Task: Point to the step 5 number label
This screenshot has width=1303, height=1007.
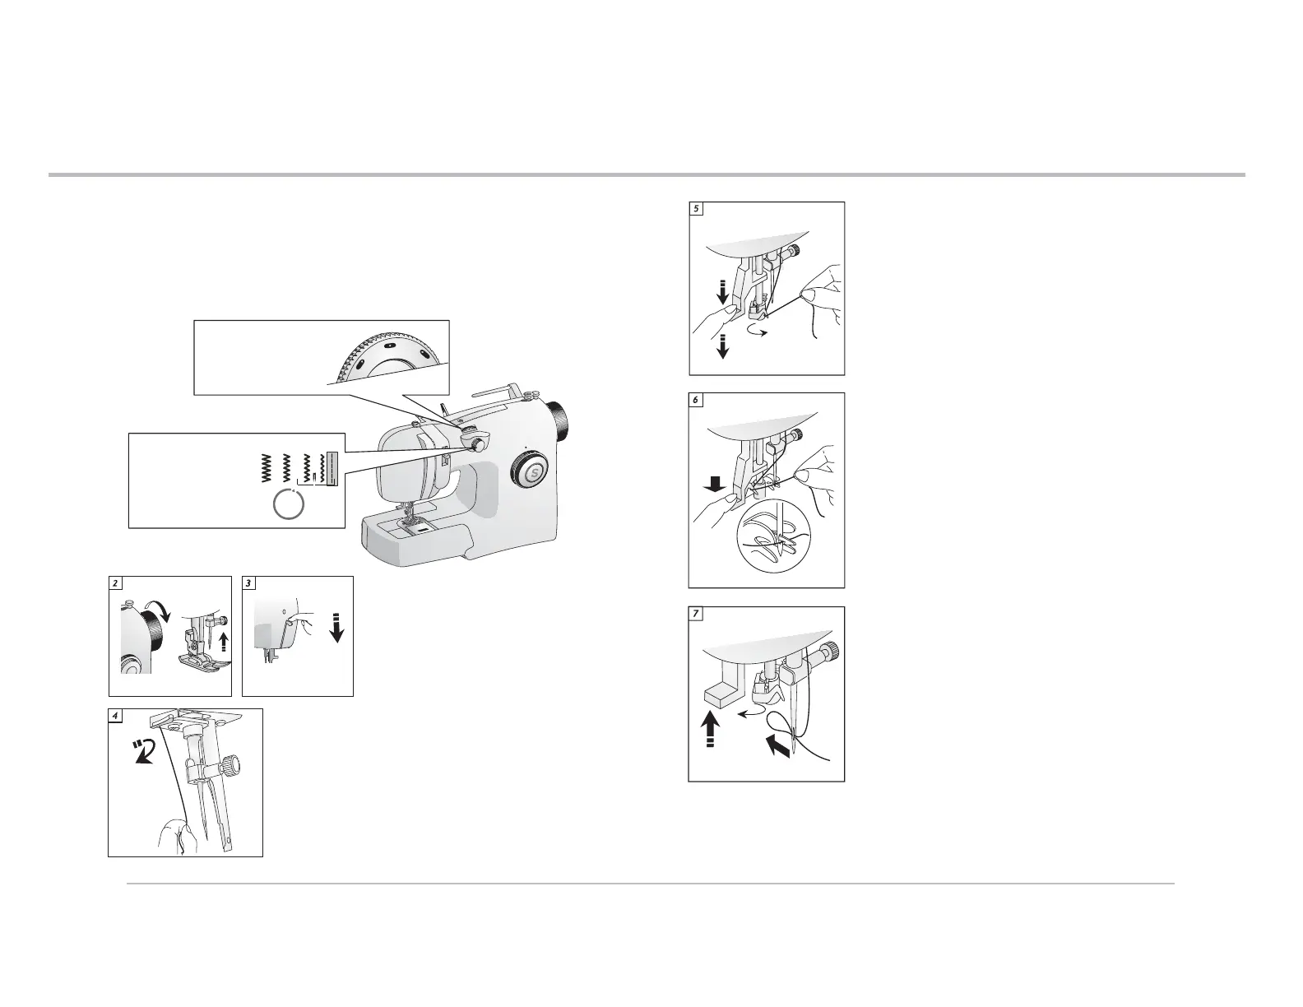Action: click(696, 209)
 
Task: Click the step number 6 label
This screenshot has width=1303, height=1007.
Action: click(696, 400)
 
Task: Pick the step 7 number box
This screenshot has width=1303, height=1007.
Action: click(696, 614)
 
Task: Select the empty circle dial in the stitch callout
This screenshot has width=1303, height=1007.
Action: click(289, 504)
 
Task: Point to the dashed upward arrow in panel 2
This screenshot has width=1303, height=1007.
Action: click(224, 643)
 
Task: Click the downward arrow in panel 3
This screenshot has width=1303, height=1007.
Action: click(336, 628)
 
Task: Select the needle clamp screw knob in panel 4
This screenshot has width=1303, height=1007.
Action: click(230, 766)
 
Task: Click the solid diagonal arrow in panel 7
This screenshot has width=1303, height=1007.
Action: click(778, 747)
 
